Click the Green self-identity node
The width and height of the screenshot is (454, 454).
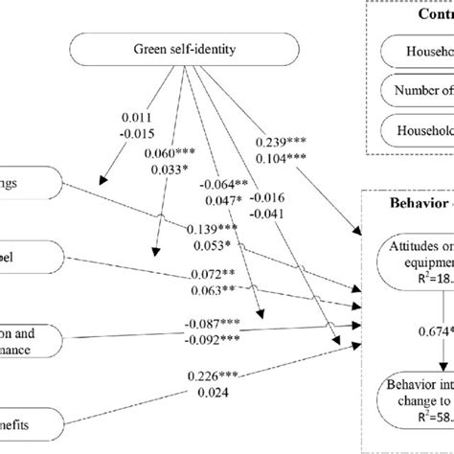coord(188,50)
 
